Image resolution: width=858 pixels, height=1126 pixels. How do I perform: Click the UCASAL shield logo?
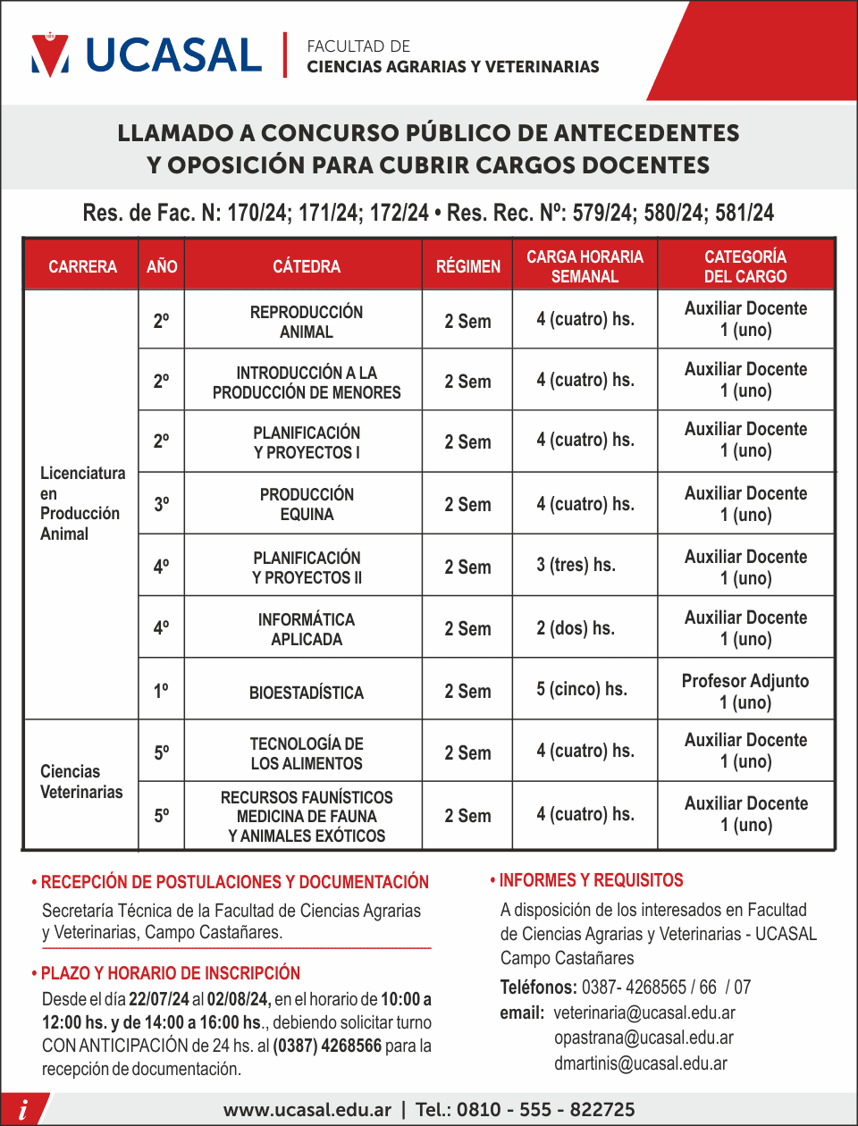(50, 55)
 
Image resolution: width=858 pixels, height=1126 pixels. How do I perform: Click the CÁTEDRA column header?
(307, 266)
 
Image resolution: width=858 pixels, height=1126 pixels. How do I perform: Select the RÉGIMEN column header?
(467, 266)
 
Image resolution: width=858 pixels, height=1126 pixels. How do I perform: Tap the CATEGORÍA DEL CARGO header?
(745, 266)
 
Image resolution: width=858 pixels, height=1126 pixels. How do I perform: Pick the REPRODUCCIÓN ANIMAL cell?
(307, 322)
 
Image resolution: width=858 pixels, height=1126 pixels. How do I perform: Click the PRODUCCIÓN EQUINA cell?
(307, 504)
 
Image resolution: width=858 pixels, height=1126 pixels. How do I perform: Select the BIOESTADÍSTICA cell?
(307, 693)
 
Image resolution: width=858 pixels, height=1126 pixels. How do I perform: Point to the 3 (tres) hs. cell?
(576, 565)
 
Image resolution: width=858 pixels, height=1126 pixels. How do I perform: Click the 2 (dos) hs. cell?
(576, 628)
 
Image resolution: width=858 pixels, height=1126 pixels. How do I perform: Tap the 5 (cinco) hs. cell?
(582, 689)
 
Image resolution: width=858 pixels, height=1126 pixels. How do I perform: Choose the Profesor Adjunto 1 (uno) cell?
(745, 692)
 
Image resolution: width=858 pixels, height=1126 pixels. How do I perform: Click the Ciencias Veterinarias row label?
(81, 782)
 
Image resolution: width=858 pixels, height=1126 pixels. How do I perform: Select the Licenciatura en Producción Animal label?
(81, 503)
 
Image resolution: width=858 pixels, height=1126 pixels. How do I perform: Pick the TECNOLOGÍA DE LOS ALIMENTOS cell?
(307, 753)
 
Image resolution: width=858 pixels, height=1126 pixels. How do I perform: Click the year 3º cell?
(161, 504)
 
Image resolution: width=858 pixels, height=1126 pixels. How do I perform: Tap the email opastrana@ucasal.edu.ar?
(643, 1038)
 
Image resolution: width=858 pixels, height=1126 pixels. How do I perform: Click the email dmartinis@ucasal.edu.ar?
(641, 1063)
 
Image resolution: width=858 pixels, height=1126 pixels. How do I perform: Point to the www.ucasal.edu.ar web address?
(307, 1110)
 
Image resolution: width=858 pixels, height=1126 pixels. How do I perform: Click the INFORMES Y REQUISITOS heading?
(591, 880)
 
